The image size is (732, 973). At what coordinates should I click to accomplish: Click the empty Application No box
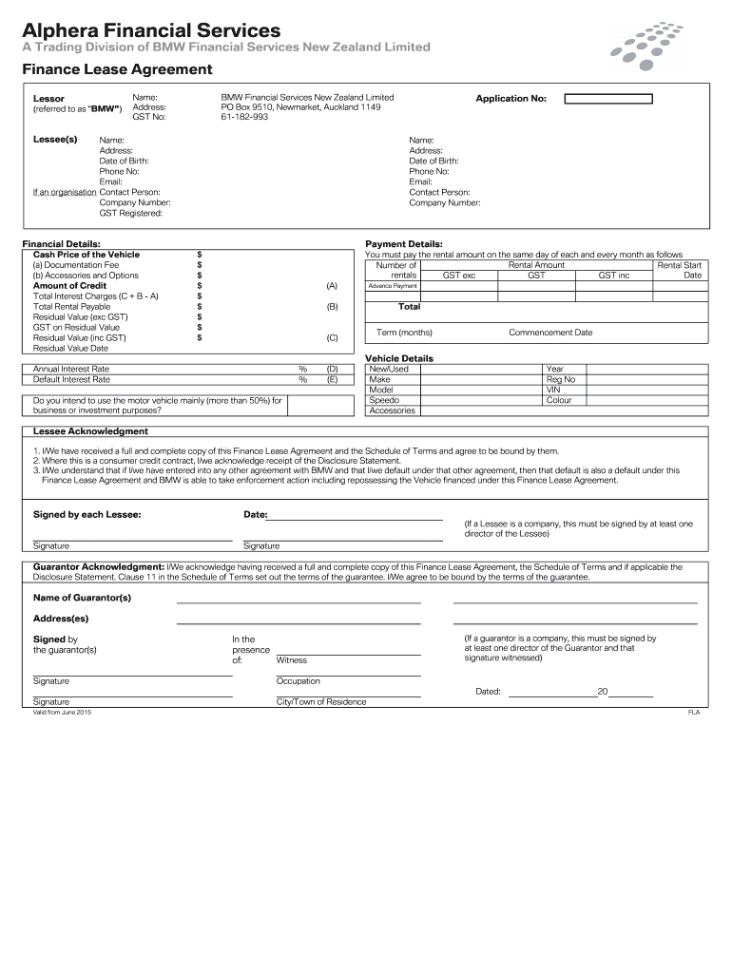tap(607, 99)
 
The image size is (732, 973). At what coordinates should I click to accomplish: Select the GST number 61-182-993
tap(244, 118)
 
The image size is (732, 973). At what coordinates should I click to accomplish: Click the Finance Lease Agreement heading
tap(117, 70)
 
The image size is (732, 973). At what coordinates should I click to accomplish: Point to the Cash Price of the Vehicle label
tap(87, 255)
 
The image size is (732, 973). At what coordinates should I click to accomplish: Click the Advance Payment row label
tap(393, 286)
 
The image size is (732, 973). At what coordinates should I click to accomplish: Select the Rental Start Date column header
tap(681, 270)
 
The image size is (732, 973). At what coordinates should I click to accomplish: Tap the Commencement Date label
tap(550, 333)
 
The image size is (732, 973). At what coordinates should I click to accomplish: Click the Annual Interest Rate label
tap(71, 369)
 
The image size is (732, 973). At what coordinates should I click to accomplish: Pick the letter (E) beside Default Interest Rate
tap(332, 379)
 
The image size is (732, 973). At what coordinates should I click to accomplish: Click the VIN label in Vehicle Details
tap(553, 390)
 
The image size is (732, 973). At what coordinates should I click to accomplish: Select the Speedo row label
tap(384, 400)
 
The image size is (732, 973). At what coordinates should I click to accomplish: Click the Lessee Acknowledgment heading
tap(90, 431)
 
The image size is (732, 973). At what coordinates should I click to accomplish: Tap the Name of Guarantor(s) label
tap(82, 598)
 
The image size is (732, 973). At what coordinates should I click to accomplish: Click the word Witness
tap(291, 660)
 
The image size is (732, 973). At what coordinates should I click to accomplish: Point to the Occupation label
tap(298, 681)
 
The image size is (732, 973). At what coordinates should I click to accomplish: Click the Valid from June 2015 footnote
tap(62, 712)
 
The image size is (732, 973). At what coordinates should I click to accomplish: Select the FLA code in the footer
tap(693, 713)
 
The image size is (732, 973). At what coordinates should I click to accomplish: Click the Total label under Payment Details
tap(409, 307)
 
